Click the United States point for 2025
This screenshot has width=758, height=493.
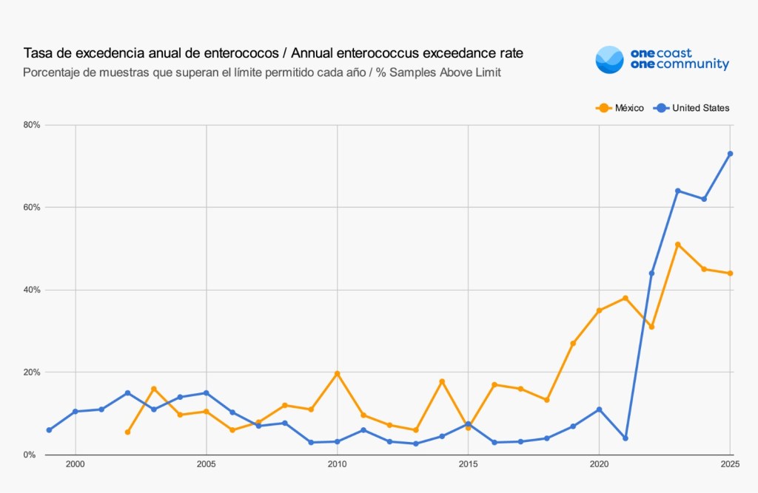coord(730,154)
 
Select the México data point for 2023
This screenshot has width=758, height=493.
coord(677,245)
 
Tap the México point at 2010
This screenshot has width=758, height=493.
coord(338,373)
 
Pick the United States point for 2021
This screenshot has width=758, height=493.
coord(625,438)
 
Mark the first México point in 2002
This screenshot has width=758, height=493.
coord(128,432)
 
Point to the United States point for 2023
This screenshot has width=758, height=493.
coord(677,191)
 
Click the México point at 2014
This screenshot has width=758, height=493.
coord(442,381)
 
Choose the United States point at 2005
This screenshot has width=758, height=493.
coord(207,392)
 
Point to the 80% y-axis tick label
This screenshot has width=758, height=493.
coord(30,125)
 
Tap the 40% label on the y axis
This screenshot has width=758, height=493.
coord(30,290)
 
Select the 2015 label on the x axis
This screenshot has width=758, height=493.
coord(468,464)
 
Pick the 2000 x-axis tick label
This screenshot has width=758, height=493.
coord(75,464)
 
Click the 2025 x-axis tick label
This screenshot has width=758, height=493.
coord(730,464)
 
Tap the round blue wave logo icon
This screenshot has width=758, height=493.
coord(609,60)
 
